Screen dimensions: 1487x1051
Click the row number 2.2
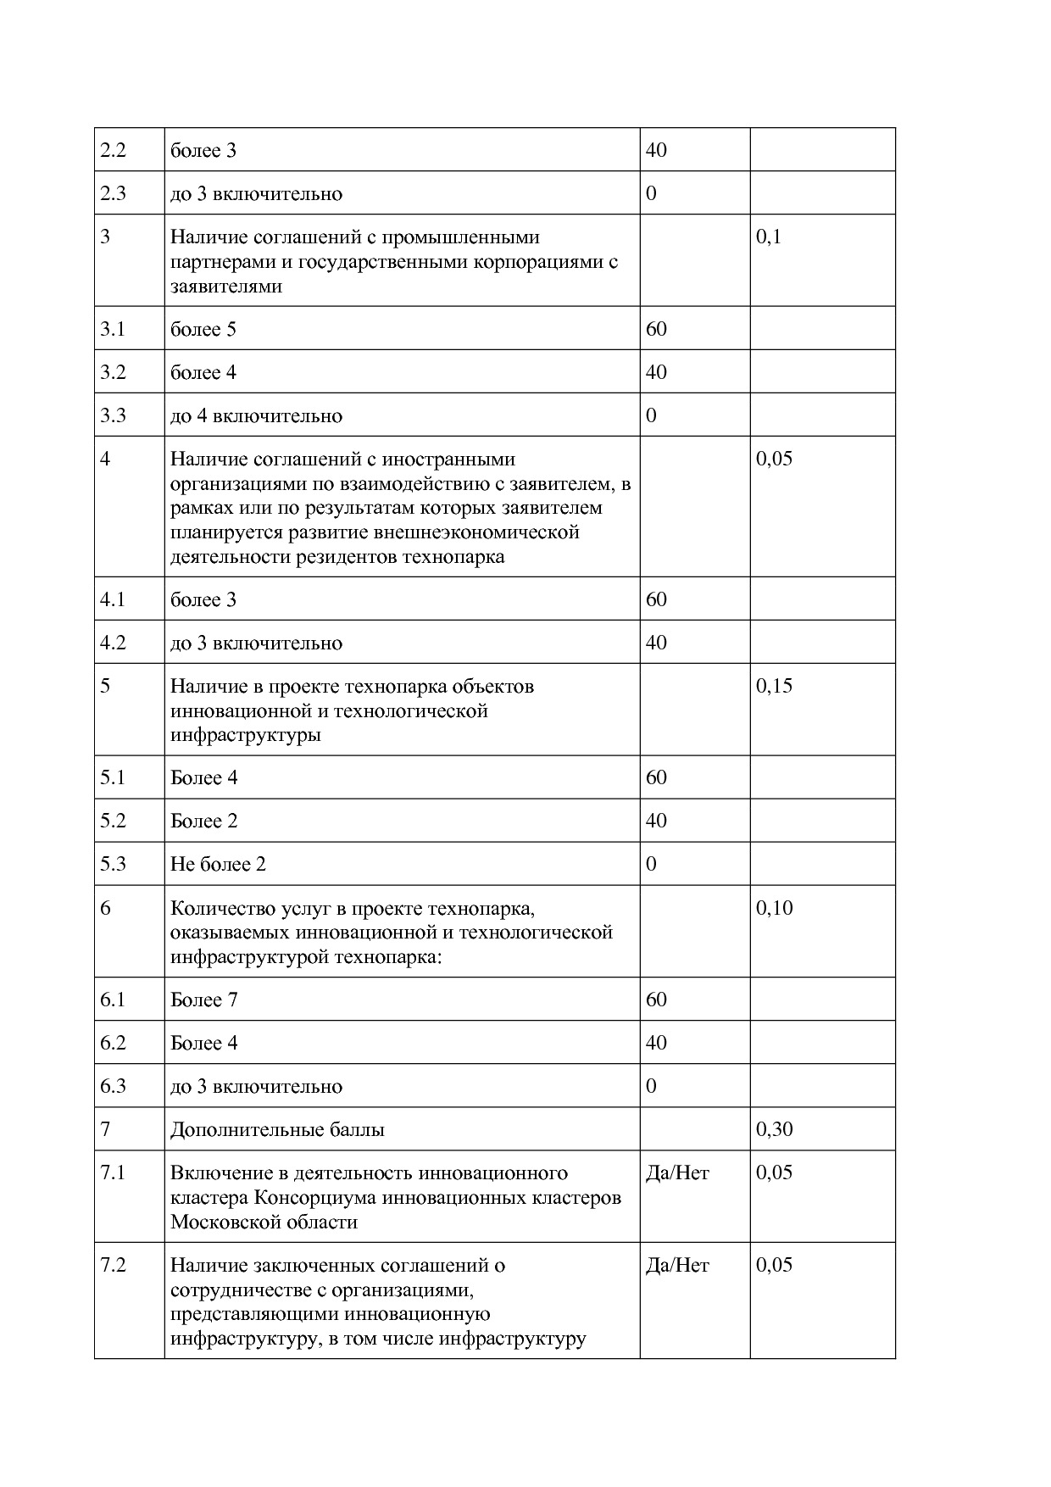pos(113,150)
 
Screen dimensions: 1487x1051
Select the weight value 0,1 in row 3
pos(769,237)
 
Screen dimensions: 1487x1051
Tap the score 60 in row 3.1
pos(656,329)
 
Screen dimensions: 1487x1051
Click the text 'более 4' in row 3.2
pos(203,372)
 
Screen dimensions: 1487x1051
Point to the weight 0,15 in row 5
pos(774,686)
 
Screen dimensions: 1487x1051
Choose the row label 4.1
pos(113,599)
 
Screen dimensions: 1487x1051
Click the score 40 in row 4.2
pos(656,643)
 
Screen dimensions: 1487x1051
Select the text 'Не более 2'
pos(218,864)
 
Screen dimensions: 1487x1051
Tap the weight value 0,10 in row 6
pos(774,908)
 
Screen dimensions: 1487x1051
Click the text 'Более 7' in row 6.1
pos(203,1000)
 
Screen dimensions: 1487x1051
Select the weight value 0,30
pos(774,1129)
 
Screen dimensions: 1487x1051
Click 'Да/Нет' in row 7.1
pos(677,1172)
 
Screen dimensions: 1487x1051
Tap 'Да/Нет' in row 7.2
pos(677,1265)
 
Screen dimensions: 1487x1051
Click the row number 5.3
pos(113,864)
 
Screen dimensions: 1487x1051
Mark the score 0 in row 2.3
pos(651,193)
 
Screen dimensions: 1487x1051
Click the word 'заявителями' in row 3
pos(226,287)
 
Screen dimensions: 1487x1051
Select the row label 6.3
pos(113,1086)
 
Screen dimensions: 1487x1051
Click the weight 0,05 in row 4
pos(774,459)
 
